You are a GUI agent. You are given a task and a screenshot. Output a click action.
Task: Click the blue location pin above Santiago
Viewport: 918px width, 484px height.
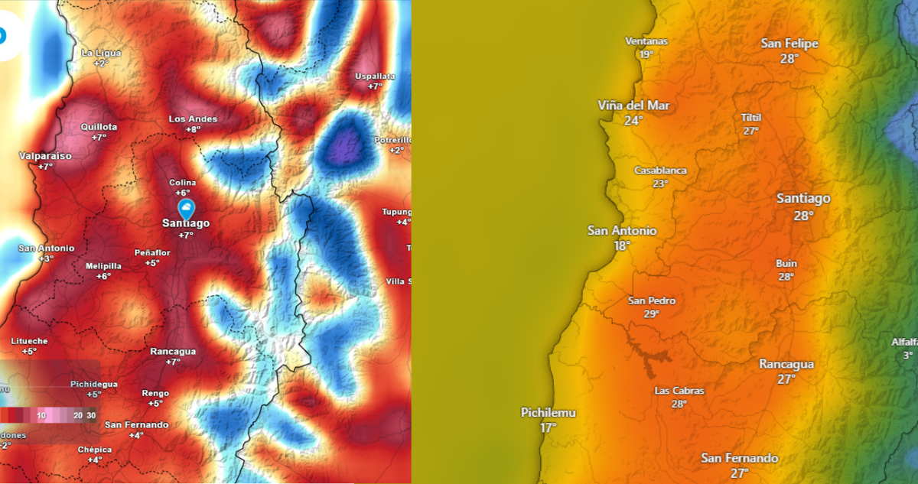tap(186, 208)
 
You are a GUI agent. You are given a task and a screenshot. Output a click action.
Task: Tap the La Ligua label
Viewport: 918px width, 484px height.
tap(100, 53)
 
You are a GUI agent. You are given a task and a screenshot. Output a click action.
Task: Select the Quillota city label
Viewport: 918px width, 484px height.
tap(99, 127)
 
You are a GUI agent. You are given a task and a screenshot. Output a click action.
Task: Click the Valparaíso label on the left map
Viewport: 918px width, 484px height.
tap(45, 156)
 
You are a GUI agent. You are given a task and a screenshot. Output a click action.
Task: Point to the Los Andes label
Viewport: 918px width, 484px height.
tap(193, 119)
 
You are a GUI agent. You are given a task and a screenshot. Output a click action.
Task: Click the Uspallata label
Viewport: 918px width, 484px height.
tap(375, 76)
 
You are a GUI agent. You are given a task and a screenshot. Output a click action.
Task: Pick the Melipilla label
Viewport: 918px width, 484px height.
tap(104, 265)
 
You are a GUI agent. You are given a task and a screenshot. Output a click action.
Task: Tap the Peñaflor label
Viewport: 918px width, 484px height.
tap(152, 252)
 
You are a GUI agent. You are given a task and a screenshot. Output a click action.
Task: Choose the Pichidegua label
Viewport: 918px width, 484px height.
tap(94, 384)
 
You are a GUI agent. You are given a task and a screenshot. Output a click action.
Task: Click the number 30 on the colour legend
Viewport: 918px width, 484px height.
tap(92, 414)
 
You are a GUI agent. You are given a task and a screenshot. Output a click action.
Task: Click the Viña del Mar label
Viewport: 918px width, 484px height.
tap(633, 106)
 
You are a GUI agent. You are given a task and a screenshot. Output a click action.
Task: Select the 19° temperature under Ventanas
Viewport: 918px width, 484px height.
tap(646, 54)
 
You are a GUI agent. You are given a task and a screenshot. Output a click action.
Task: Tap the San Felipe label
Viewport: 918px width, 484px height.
tap(789, 44)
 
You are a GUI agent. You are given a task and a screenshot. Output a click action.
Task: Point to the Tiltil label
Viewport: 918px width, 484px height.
tap(751, 118)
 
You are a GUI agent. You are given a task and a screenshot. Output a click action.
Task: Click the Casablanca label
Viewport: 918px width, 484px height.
tap(660, 171)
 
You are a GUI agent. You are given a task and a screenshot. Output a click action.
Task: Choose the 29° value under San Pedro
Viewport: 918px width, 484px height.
tap(652, 313)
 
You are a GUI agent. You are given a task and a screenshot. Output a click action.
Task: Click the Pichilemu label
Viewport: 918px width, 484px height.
tap(549, 413)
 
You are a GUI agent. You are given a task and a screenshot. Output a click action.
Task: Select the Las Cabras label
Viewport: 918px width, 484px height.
tap(679, 391)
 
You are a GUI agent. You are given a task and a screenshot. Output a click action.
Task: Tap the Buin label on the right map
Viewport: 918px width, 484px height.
tap(786, 264)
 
